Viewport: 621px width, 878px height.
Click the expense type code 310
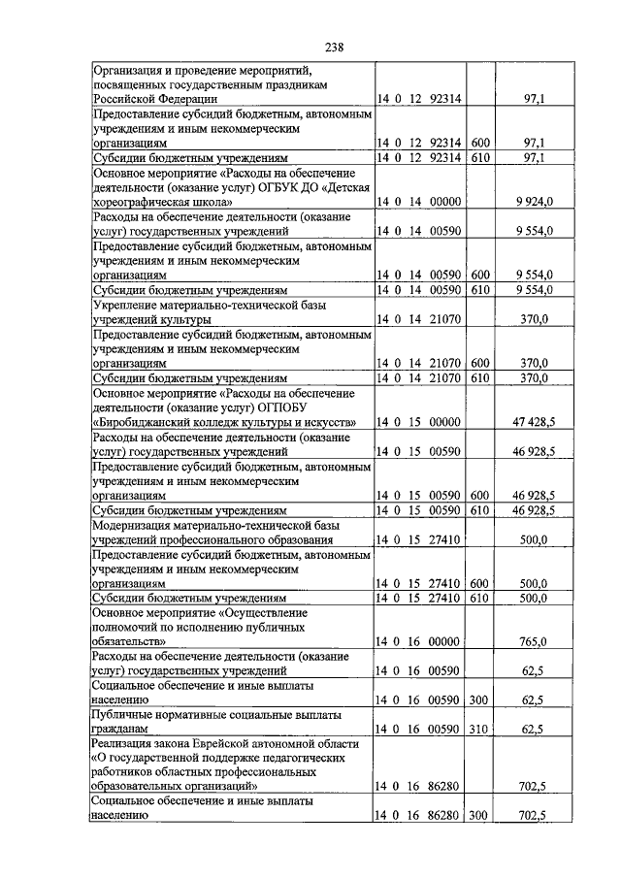tap(480, 728)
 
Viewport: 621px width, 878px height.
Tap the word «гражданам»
tap(120, 728)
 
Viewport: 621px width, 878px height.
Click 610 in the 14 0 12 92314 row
tap(480, 157)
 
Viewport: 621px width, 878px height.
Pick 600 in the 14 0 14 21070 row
tap(480, 363)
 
